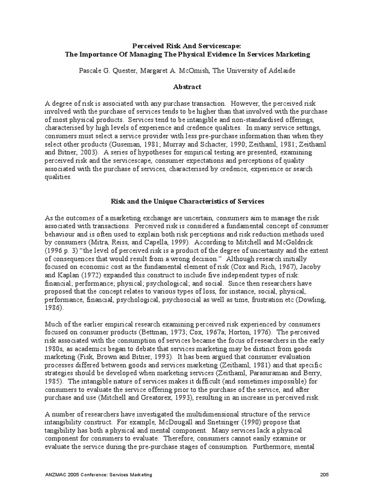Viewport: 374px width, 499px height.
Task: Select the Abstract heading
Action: (187, 87)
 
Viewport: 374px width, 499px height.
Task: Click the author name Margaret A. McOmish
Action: (173, 70)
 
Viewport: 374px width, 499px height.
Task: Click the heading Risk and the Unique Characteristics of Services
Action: (187, 201)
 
